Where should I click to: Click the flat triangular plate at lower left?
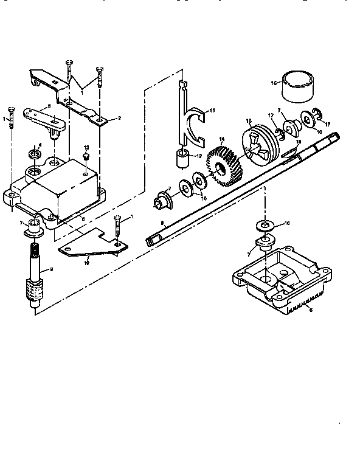pyautogui.click(x=91, y=244)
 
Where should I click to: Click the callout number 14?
pyautogui.click(x=222, y=139)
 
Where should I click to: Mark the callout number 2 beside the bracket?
pyautogui.click(x=119, y=118)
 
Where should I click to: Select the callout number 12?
pyautogui.click(x=199, y=156)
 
